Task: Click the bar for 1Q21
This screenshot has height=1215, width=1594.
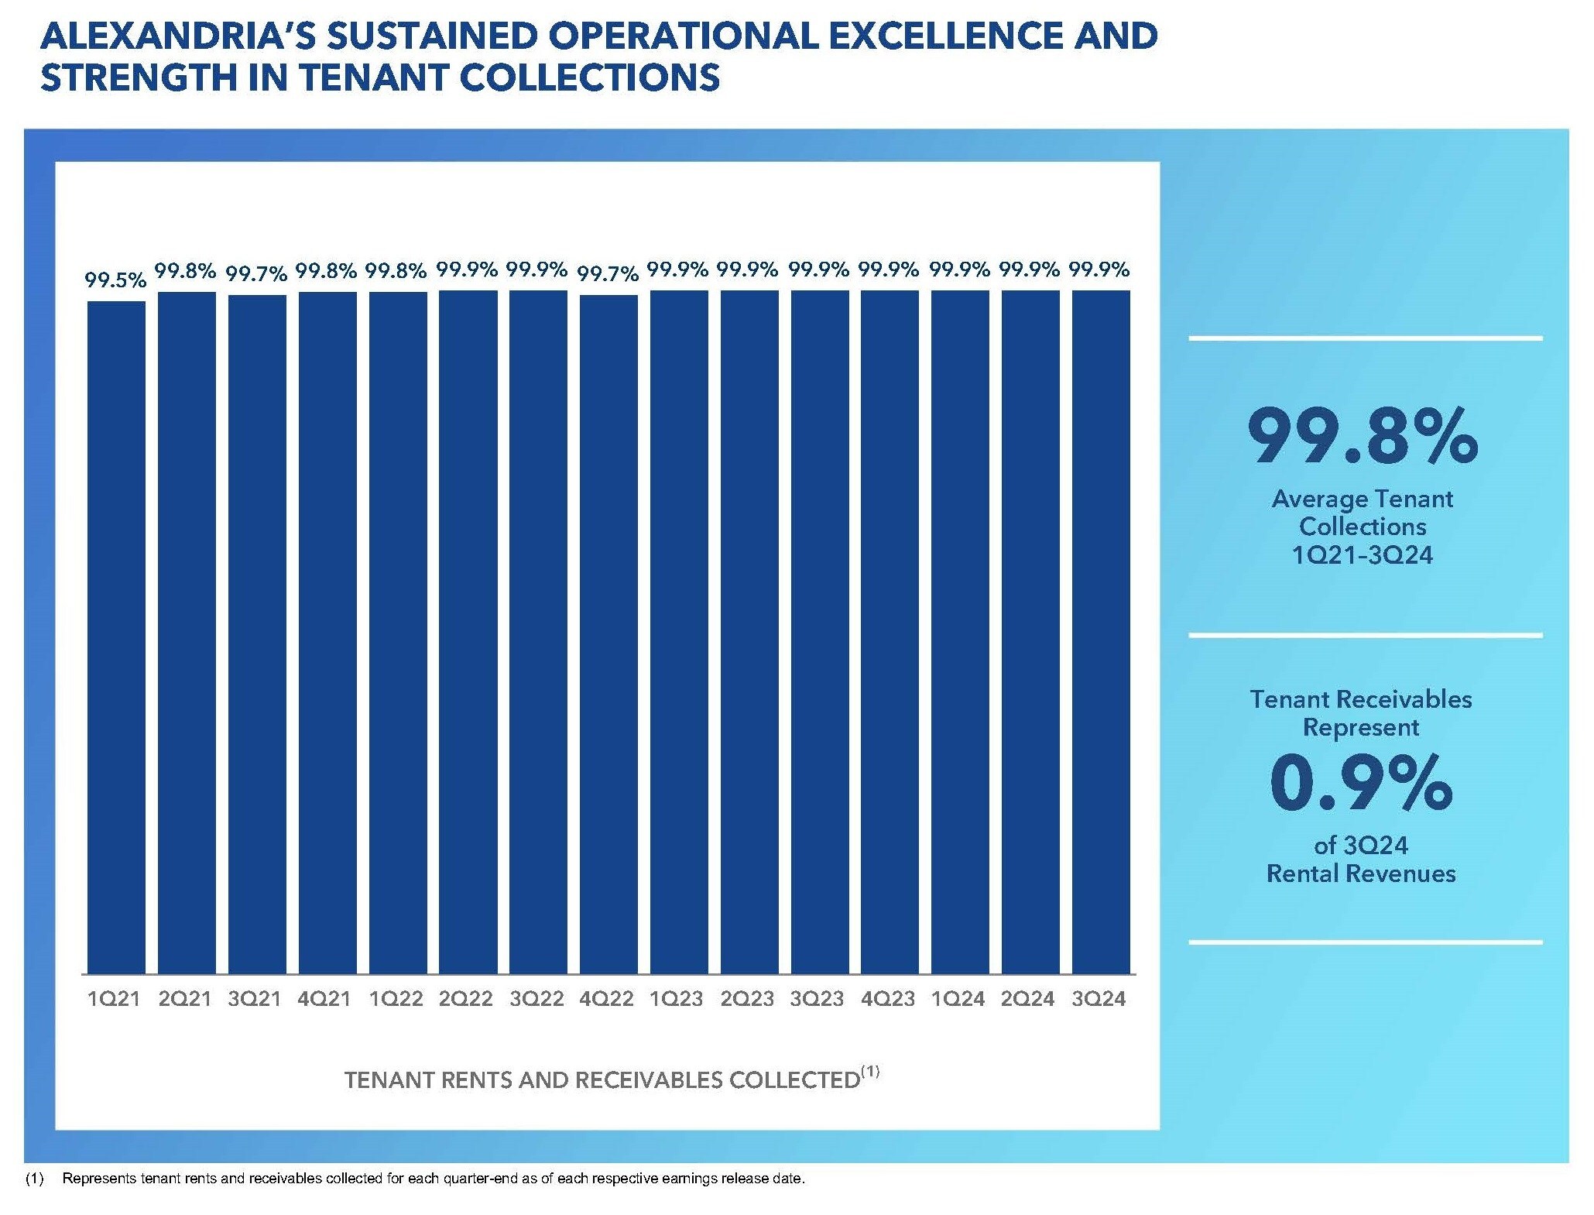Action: [x=116, y=637]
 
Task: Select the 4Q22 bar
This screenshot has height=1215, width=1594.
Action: [x=608, y=633]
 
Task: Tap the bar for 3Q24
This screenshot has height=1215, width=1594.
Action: [x=1101, y=631]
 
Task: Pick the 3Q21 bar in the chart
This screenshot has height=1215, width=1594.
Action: [x=257, y=633]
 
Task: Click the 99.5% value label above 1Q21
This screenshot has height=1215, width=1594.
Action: [x=115, y=280]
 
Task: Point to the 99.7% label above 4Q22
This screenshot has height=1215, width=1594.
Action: [x=608, y=273]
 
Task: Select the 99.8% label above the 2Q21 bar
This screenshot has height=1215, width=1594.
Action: [x=186, y=270]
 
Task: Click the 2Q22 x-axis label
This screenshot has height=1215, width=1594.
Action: [x=466, y=999]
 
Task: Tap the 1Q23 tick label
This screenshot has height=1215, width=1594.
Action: [x=677, y=999]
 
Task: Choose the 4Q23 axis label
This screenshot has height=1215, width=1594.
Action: [x=888, y=999]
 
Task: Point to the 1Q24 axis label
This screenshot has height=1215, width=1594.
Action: [x=958, y=999]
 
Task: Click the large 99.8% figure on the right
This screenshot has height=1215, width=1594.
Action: [x=1363, y=437]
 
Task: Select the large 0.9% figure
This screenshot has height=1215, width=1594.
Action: [x=1361, y=784]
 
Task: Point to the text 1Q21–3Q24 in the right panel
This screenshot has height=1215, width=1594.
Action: [x=1363, y=555]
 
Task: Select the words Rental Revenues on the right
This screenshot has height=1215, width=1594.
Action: [x=1361, y=873]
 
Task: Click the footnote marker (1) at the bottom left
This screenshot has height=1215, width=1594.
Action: [x=34, y=1179]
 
